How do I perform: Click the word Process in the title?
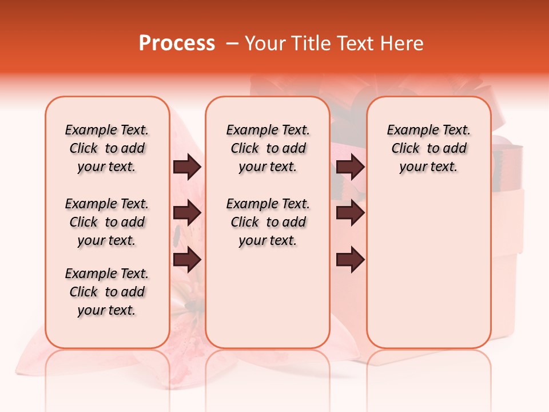click(x=176, y=43)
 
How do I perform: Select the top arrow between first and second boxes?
click(x=187, y=167)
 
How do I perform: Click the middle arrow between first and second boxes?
click(x=187, y=213)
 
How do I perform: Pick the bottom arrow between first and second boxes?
click(x=187, y=260)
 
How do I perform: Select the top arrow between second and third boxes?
click(x=351, y=167)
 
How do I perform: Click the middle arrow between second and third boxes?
click(x=351, y=213)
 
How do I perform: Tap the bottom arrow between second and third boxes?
click(x=351, y=260)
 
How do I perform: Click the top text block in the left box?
click(x=107, y=148)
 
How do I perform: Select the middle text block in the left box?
click(x=107, y=222)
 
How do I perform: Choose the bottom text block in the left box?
click(x=107, y=292)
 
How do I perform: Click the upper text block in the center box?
click(x=268, y=148)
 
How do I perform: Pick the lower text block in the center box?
click(x=268, y=222)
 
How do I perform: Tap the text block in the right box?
click(x=428, y=148)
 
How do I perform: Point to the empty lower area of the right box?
click(x=428, y=269)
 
